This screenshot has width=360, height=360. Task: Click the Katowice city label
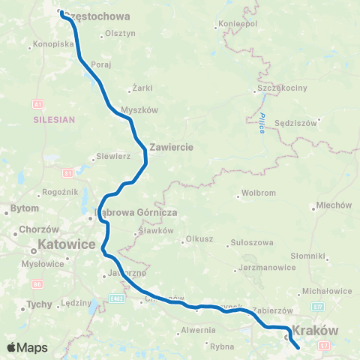pyautogui.click(x=67, y=244)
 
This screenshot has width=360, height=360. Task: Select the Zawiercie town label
pyautogui.click(x=172, y=147)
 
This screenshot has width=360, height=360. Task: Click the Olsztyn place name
pyautogui.click(x=120, y=33)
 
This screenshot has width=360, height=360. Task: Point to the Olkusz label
pyautogui.click(x=198, y=241)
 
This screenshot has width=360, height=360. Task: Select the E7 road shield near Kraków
pyautogui.click(x=318, y=307)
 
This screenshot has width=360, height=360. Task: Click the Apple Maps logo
pyautogui.click(x=26, y=348)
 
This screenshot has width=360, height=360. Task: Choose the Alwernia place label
pyautogui.click(x=197, y=328)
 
